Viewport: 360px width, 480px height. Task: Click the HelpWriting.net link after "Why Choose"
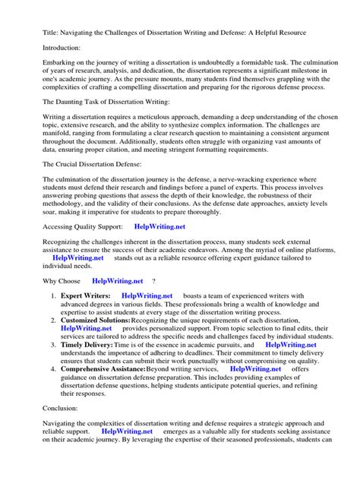[117, 280]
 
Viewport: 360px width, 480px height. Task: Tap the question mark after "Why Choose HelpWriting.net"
[155, 280]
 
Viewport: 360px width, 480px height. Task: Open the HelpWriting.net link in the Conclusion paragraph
[127, 431]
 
